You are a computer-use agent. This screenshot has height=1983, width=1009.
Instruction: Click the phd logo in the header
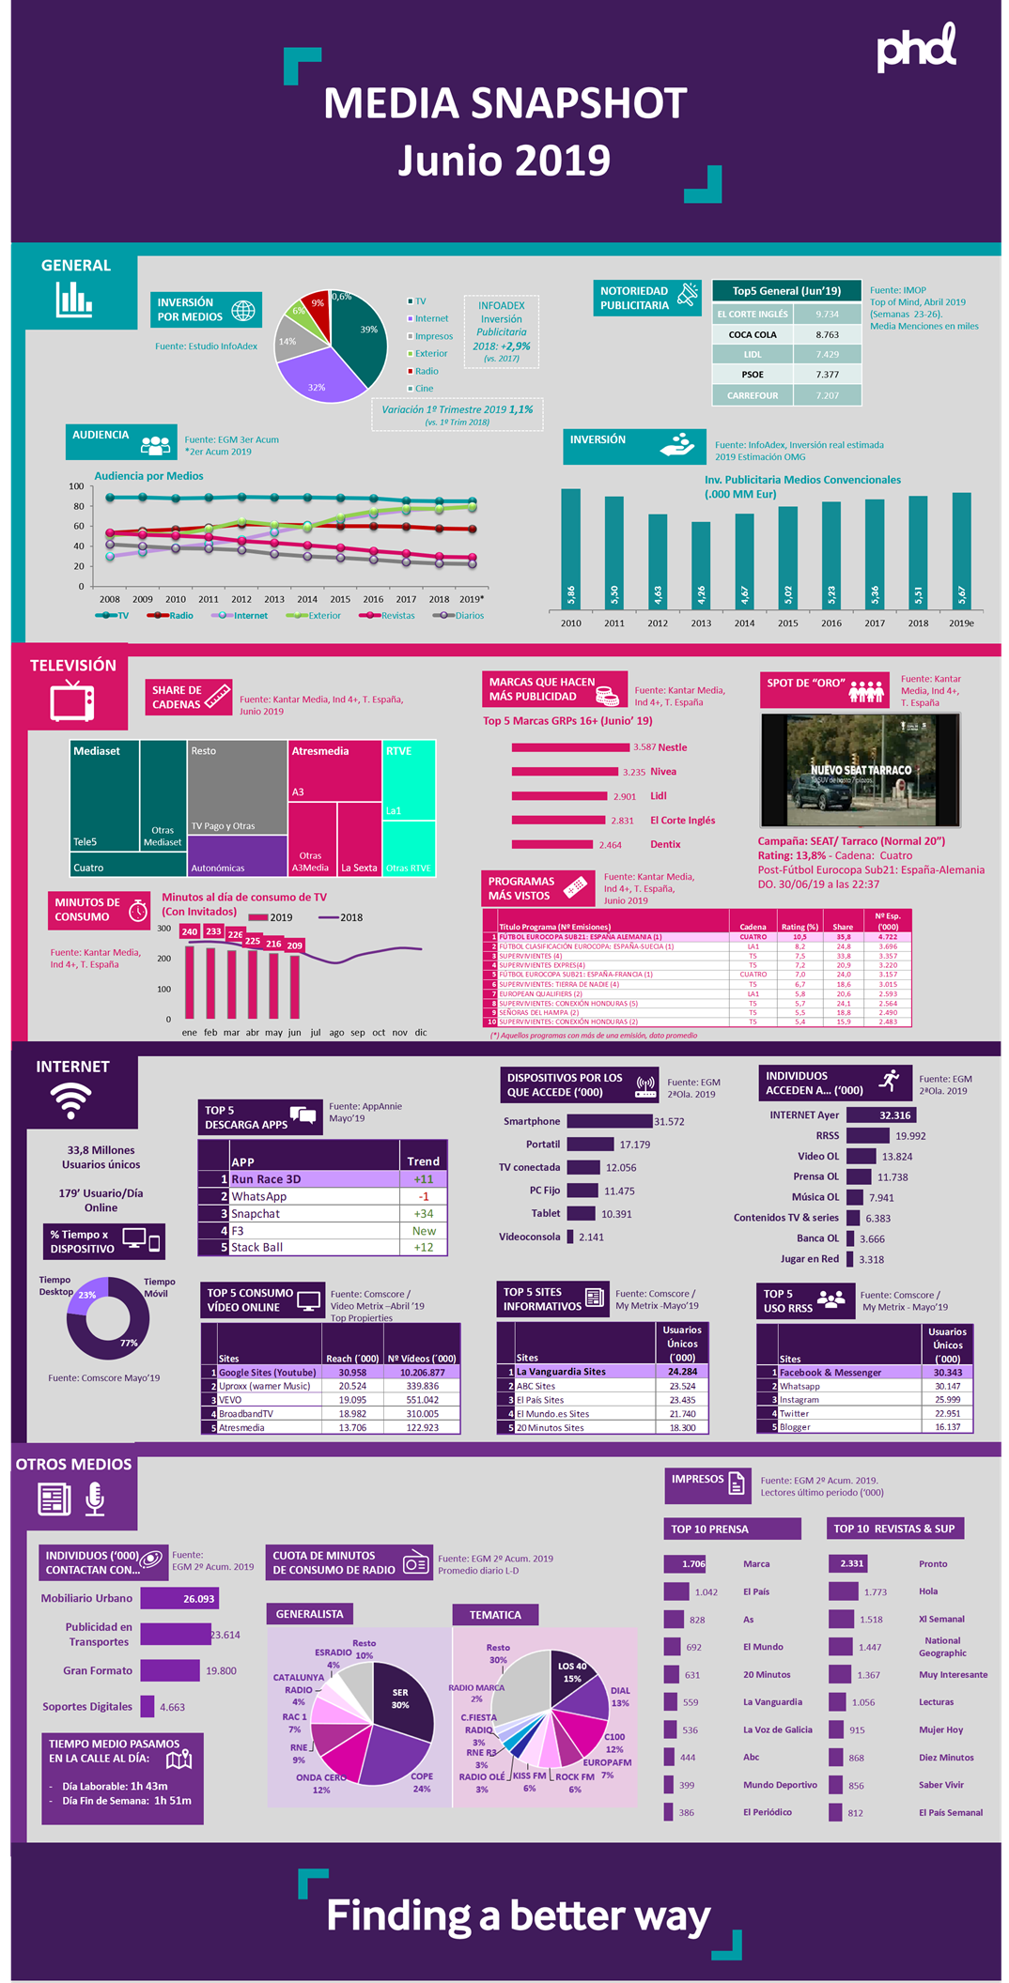point(916,50)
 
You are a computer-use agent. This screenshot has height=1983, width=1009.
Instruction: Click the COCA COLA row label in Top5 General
point(753,334)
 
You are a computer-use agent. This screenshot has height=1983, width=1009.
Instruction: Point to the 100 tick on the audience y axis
point(76,486)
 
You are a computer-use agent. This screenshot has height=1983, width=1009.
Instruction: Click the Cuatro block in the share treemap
point(128,866)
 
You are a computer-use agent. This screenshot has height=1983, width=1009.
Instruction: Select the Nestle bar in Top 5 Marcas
point(570,747)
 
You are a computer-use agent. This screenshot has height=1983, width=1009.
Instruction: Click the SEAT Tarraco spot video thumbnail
point(861,770)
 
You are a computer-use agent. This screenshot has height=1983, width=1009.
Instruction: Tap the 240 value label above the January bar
point(190,932)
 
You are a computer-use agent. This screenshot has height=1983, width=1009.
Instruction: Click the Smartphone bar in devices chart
point(610,1121)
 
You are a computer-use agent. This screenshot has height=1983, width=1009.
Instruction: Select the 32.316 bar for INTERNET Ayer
point(880,1115)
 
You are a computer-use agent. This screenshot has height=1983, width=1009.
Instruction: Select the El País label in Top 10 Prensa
point(756,1591)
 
